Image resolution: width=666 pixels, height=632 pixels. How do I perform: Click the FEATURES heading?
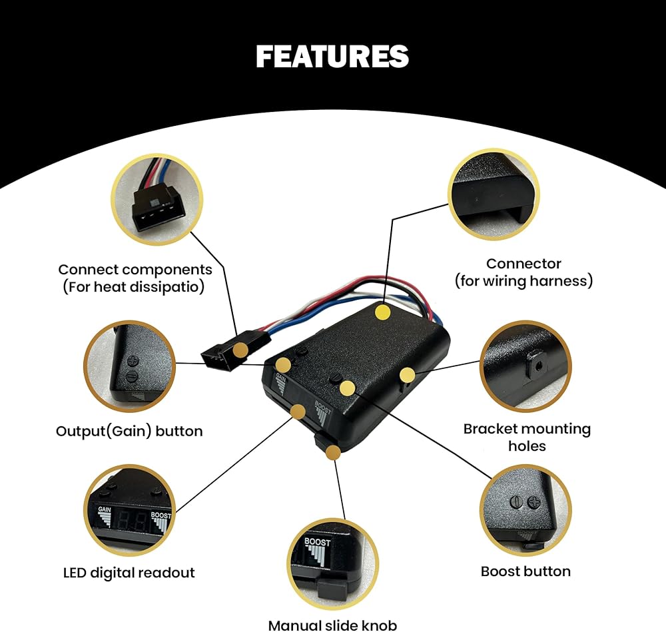[x=332, y=57]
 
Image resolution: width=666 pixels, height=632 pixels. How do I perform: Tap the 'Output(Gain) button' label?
[x=129, y=431]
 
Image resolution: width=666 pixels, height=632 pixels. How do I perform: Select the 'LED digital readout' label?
[x=129, y=573]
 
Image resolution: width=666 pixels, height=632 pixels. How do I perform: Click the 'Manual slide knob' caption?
[x=332, y=625]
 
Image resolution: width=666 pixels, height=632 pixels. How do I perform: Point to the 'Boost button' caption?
[x=525, y=571]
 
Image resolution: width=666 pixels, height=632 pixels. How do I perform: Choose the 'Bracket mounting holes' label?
[x=527, y=437]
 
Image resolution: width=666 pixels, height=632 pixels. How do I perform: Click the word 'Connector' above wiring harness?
[x=523, y=263]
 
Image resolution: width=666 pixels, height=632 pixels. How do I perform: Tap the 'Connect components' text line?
[x=135, y=269]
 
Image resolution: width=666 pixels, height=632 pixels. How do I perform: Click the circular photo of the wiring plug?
[x=157, y=200]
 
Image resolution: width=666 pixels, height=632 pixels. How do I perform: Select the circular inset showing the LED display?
[x=130, y=510]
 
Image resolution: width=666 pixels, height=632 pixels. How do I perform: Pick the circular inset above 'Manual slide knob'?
[x=332, y=564]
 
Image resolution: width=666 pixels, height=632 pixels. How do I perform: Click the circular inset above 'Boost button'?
[x=525, y=510]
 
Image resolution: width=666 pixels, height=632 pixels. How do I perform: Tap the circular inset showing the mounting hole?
[x=525, y=366]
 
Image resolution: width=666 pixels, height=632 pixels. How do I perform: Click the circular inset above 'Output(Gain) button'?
[x=130, y=366]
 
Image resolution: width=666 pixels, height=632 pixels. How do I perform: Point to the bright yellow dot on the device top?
[x=383, y=312]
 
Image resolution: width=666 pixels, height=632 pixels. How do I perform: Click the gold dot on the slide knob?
[x=333, y=453]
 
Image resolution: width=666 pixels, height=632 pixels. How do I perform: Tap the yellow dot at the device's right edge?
[x=407, y=374]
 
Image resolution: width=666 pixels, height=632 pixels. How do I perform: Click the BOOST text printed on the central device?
[x=322, y=407]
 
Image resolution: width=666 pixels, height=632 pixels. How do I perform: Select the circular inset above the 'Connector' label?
[x=494, y=194]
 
